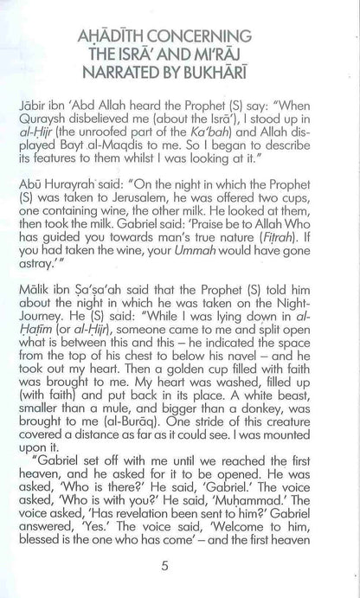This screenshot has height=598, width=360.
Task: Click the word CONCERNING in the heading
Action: (x=196, y=36)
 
